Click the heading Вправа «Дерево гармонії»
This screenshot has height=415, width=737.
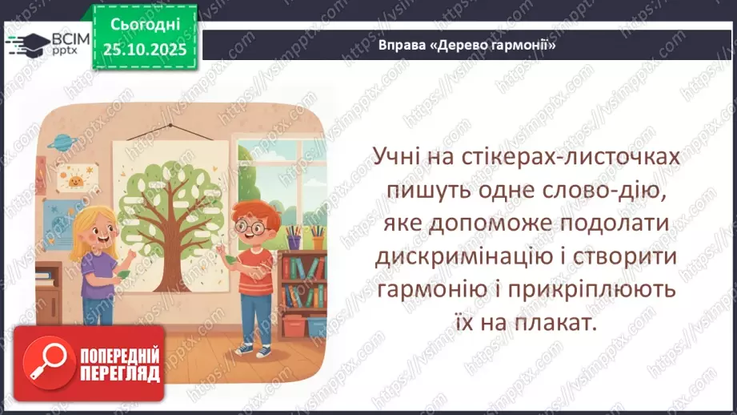pos(467,46)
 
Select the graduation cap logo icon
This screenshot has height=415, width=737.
pos(26,44)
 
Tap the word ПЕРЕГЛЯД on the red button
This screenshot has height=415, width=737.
pos(119,374)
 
